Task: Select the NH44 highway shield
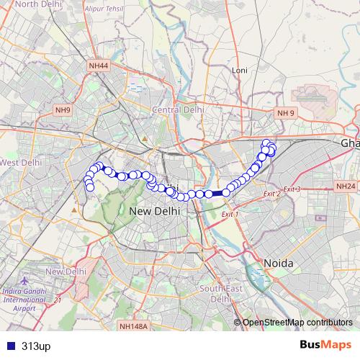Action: click(x=98, y=66)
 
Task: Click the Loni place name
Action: click(x=239, y=70)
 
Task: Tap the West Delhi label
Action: click(x=19, y=163)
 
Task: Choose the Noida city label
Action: click(x=278, y=263)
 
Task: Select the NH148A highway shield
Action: click(x=134, y=326)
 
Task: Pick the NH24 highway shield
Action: click(x=346, y=186)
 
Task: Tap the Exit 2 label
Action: click(x=271, y=194)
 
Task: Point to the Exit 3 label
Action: click(x=292, y=189)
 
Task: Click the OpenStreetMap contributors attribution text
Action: click(x=297, y=322)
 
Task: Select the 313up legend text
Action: click(x=36, y=346)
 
